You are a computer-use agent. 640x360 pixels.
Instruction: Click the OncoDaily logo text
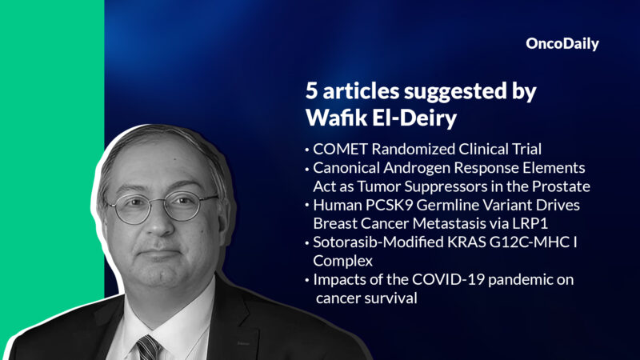(x=562, y=44)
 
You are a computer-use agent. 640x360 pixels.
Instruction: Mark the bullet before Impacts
(x=307, y=281)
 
